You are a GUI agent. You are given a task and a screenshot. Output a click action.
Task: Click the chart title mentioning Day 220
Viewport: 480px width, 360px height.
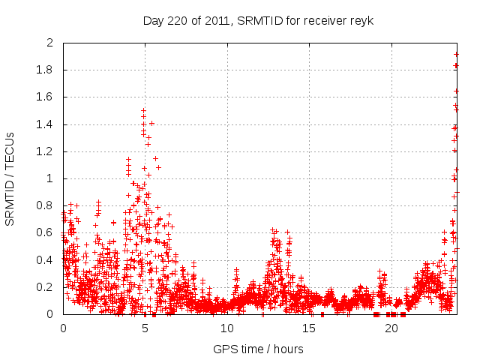click(258, 20)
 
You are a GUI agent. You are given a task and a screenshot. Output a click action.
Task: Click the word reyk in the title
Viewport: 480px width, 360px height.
click(360, 20)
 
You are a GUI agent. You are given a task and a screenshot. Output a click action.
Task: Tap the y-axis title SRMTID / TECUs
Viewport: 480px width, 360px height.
click(10, 178)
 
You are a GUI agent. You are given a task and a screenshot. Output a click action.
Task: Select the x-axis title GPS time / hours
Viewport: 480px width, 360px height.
click(258, 349)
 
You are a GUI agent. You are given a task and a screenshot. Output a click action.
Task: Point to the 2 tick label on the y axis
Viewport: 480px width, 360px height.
click(49, 43)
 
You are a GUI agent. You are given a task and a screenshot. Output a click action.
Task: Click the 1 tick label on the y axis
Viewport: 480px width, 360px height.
click(49, 178)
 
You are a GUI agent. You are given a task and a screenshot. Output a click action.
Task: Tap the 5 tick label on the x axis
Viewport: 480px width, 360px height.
click(145, 328)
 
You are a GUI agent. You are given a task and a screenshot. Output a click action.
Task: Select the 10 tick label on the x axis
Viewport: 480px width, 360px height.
click(227, 328)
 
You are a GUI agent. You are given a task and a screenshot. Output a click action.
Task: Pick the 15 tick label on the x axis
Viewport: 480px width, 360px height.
click(309, 328)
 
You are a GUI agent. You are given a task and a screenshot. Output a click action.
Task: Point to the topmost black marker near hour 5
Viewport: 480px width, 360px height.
click(143, 110)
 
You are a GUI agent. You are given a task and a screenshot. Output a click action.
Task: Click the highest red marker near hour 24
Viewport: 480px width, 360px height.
click(456, 54)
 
